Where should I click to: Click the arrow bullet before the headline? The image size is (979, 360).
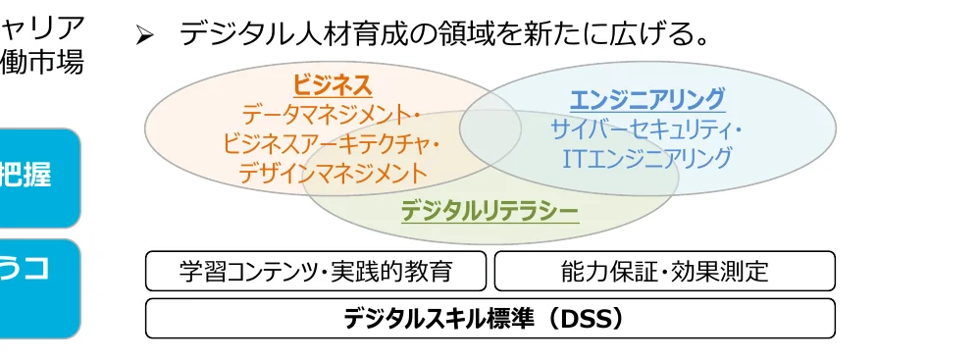coord(145,36)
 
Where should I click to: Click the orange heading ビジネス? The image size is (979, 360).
coord(332,85)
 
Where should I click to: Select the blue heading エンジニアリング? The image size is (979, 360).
coord(646,99)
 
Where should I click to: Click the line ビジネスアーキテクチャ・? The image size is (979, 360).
coord(332,144)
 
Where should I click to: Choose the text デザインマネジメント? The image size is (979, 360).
coord(332,174)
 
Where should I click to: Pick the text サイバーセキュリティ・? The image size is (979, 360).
coord(646,129)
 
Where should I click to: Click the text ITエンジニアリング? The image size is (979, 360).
coord(646,158)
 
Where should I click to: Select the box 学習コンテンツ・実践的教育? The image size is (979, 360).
coord(316,272)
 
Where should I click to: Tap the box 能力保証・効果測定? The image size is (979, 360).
coord(664,272)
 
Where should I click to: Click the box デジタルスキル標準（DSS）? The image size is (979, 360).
coord(489,319)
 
